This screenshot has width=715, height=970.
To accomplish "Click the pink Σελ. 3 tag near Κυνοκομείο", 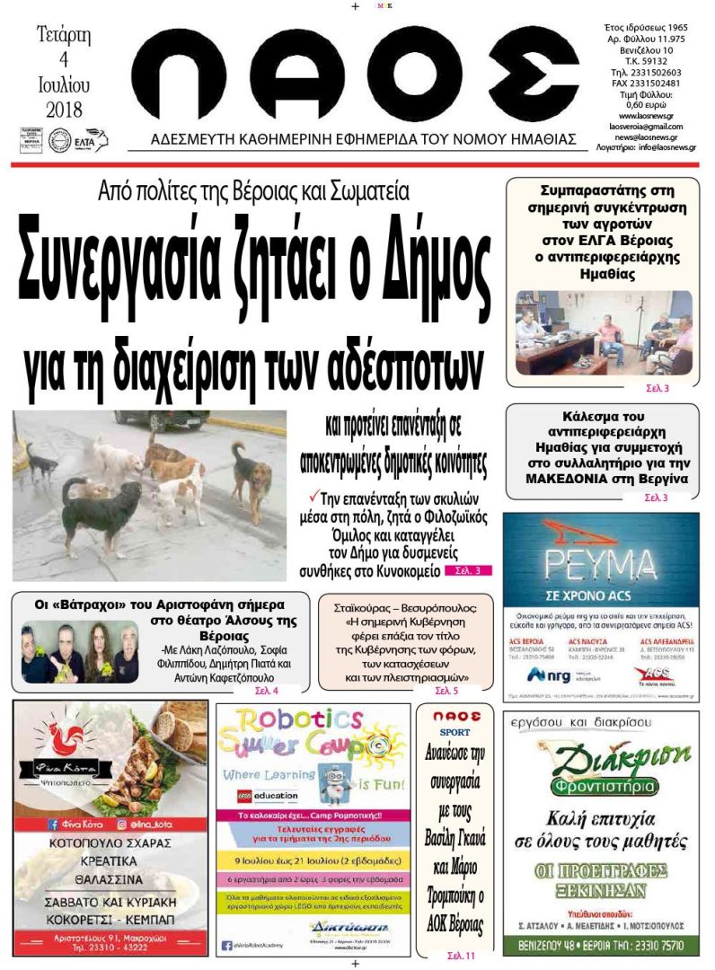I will pyautogui.click(x=468, y=569).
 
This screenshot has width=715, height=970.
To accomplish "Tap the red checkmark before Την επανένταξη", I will pyautogui.click(x=313, y=496).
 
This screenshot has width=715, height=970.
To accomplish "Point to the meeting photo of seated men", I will pyautogui.click(x=603, y=333).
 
